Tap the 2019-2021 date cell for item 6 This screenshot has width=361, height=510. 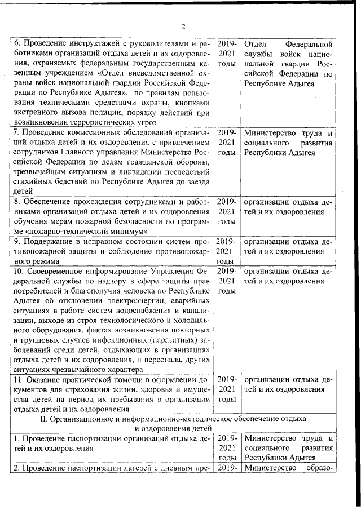pos(226,54)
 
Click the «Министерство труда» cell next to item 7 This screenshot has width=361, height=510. pos(288,143)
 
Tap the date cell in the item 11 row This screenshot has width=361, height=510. pos(226,389)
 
